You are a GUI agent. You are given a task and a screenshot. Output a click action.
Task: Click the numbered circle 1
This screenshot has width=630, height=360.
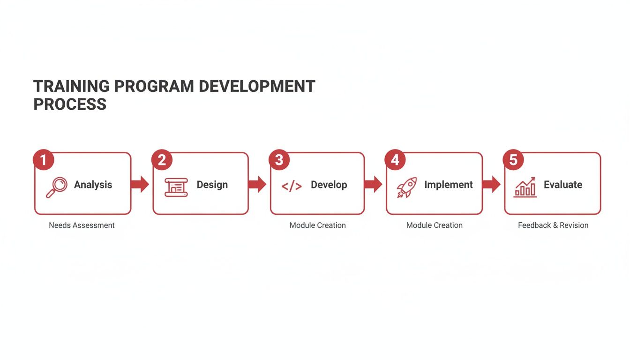coord(44,160)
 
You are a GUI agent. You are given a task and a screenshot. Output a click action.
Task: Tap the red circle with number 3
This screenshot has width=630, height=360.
coord(279,160)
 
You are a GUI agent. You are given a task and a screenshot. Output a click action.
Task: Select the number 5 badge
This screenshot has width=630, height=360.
coord(513,160)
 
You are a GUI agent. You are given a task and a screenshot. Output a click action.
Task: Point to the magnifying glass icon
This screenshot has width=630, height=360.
coord(56,187)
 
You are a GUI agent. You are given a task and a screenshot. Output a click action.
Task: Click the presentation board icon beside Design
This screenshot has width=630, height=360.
coord(176,187)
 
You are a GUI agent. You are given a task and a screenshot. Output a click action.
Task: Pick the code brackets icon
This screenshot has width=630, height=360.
coord(292,187)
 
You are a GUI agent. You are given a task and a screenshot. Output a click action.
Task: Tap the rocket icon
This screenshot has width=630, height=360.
coord(406,187)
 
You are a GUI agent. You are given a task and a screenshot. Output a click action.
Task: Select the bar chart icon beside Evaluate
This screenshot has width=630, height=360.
coord(525,187)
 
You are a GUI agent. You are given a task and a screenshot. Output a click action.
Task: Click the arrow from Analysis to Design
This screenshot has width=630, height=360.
coord(140,184)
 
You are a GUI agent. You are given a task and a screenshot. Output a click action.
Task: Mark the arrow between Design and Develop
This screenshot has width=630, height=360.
coord(257,184)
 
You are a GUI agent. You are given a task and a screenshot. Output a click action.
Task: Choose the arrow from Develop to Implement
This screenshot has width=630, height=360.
coord(373,184)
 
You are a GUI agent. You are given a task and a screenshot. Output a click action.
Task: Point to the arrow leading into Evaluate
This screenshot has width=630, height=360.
coord(491,184)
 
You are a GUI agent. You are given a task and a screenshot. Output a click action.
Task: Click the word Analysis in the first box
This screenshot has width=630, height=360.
coord(93,185)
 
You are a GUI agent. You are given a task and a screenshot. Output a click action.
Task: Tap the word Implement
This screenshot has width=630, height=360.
coord(448,185)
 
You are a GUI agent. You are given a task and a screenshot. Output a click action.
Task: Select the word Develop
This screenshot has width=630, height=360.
coord(329,185)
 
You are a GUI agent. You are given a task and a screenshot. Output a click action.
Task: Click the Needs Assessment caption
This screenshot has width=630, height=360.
coord(82,225)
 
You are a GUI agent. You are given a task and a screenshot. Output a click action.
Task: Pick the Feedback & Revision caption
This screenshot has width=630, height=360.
coord(553,225)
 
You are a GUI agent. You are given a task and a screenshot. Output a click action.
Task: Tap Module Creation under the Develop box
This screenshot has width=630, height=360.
coord(317,225)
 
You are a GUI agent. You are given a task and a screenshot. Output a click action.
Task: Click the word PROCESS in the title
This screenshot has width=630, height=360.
coord(70,104)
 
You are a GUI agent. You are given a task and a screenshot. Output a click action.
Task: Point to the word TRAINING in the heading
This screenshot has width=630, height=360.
coord(71,87)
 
